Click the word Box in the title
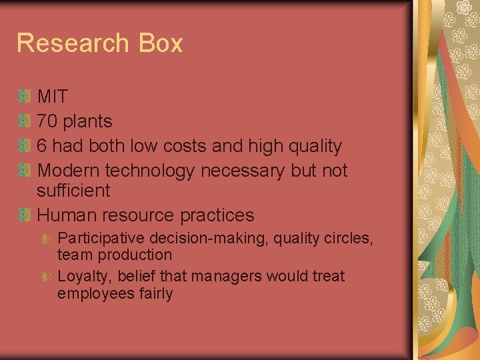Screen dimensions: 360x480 click(161, 43)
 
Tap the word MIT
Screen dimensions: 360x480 click(52, 97)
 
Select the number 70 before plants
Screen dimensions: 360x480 click(47, 121)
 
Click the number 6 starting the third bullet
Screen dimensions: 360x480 click(42, 146)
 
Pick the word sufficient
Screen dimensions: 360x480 click(73, 191)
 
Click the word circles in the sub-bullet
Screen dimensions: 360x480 click(347, 238)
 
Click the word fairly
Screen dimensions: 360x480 click(153, 293)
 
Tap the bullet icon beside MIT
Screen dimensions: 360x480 click(25, 97)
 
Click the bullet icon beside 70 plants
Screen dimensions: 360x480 click(25, 121)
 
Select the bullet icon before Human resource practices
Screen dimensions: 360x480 click(25, 215)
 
